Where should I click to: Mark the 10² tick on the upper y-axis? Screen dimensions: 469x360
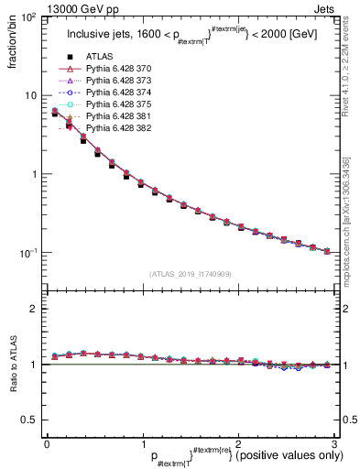[29, 18]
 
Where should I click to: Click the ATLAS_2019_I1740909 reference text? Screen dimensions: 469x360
[190, 274]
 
